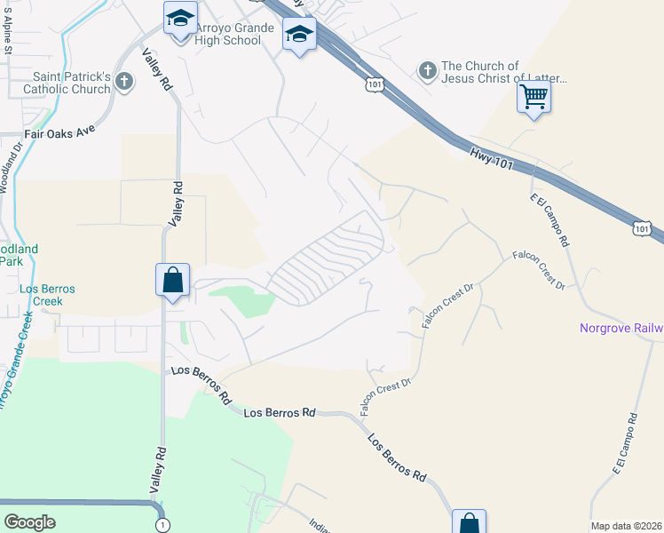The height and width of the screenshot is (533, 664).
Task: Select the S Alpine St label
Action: coord(8,35)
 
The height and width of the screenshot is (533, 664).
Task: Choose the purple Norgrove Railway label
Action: coord(621,329)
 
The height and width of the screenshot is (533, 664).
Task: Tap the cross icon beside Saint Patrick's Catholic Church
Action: coord(123,83)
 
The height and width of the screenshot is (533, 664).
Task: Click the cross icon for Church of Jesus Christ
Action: coord(426,69)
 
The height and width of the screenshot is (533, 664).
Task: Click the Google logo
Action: coord(30,521)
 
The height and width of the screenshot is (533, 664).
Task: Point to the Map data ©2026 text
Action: coord(626,526)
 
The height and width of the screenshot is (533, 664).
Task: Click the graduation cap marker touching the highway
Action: coord(299,36)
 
